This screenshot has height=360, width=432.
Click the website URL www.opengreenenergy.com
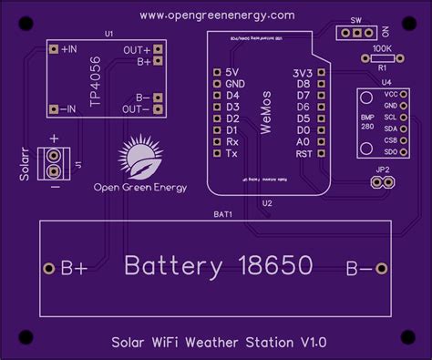pyautogui.click(x=218, y=15)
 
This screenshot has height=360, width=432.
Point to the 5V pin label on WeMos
pyautogui.click(x=233, y=71)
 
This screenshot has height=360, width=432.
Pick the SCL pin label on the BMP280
pyautogui.click(x=391, y=118)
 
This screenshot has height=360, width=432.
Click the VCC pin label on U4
pyautogui.click(x=391, y=94)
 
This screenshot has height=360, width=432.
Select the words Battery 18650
pyautogui.click(x=218, y=266)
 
